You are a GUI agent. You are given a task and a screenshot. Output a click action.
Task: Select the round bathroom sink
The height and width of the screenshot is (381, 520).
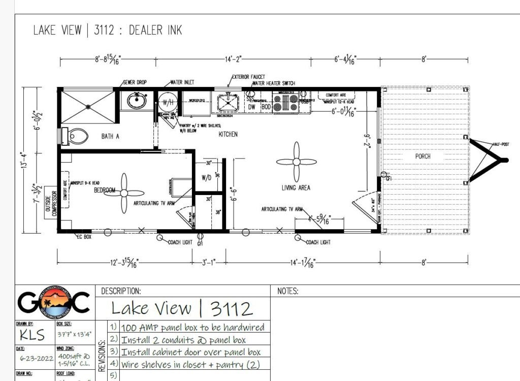(136, 101)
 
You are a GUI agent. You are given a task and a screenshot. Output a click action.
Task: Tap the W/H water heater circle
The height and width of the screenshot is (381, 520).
(167, 101)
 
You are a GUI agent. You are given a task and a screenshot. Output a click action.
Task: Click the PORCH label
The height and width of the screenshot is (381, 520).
(422, 156)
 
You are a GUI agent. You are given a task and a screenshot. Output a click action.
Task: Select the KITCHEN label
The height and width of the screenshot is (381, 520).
(228, 134)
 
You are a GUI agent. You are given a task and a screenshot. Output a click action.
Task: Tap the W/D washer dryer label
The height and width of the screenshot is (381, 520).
(207, 178)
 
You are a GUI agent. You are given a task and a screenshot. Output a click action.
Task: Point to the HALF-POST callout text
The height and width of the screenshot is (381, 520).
(501, 144)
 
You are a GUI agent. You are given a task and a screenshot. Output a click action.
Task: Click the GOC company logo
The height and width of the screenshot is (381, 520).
(54, 303)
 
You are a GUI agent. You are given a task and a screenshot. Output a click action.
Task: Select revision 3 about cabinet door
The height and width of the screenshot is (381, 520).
(191, 352)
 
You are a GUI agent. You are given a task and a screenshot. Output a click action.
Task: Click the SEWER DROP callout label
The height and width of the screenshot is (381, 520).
(135, 82)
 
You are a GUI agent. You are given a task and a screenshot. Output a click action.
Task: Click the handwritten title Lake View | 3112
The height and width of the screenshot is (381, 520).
(181, 308)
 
